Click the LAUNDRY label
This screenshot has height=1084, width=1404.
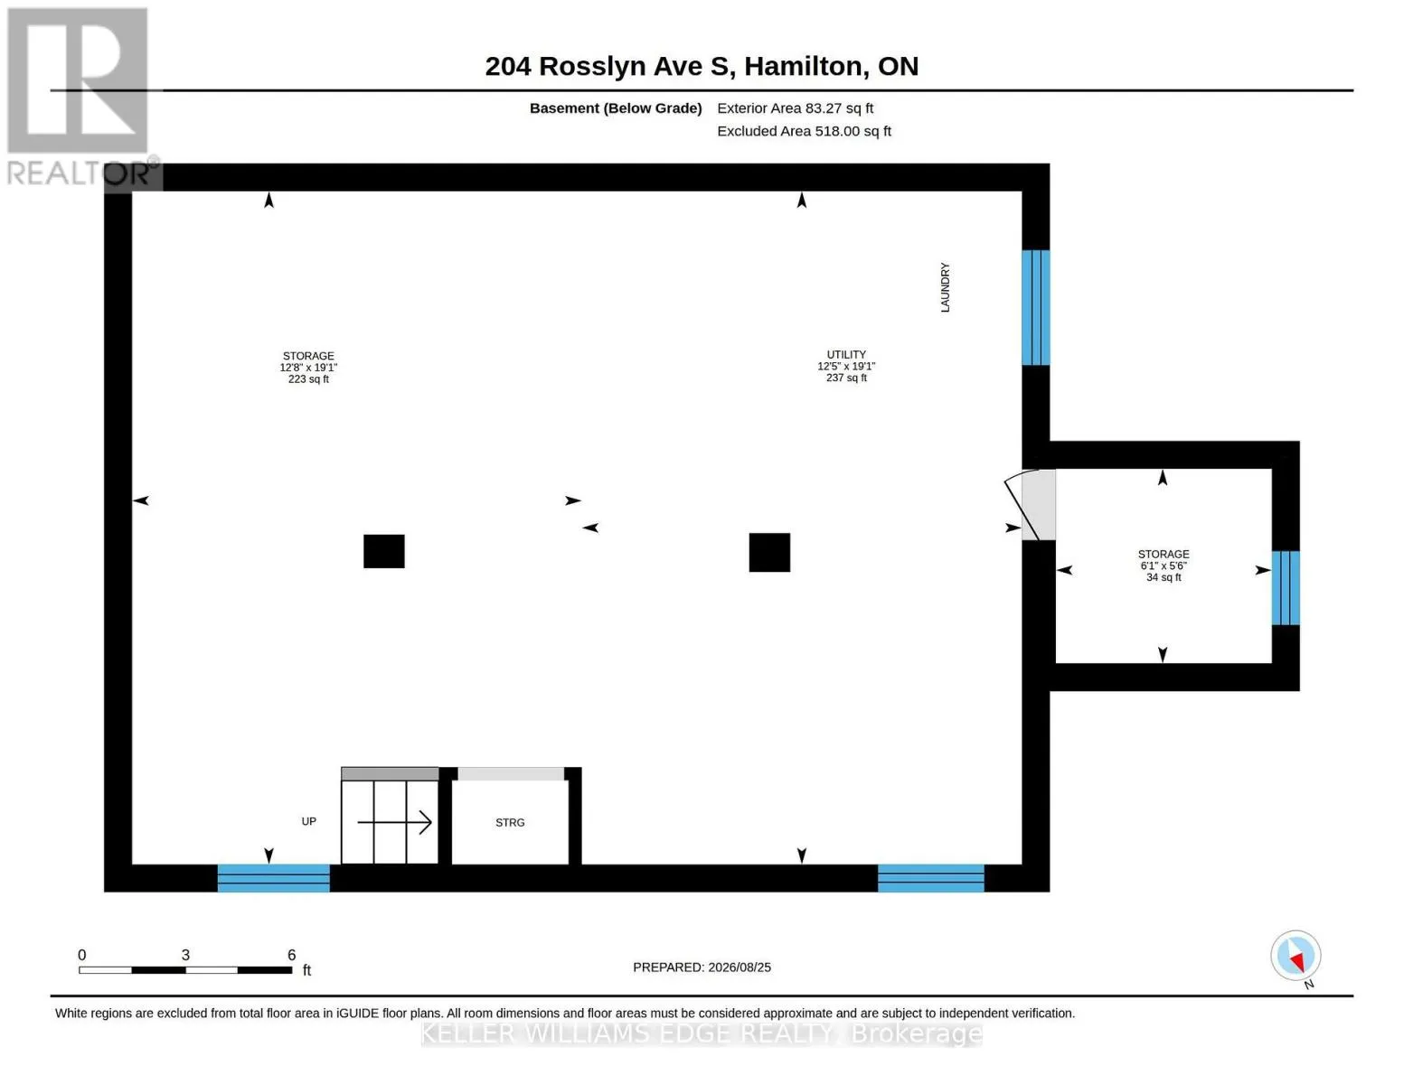point(945,287)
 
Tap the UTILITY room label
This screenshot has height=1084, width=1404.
point(846,354)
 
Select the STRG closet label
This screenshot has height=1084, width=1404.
point(510,823)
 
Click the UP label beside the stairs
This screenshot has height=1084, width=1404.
point(309,821)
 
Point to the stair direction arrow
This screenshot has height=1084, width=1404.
point(394,823)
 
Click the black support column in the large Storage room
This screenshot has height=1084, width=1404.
point(384,551)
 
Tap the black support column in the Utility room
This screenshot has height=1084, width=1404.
point(769,552)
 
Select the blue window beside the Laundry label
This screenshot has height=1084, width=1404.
point(1035,307)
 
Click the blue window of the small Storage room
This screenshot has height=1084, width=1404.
point(1286,588)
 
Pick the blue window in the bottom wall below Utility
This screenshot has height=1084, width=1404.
point(930,878)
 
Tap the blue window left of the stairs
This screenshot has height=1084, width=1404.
point(273,878)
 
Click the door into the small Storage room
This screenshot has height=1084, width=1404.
point(1031,505)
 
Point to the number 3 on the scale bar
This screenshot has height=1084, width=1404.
point(185,955)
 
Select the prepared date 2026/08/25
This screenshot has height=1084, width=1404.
point(740,967)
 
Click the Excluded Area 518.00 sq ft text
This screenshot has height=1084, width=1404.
point(804,131)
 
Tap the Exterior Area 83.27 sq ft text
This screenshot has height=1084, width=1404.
point(795,108)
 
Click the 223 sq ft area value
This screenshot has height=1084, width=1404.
point(308,379)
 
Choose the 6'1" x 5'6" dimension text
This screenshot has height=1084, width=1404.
point(1163,565)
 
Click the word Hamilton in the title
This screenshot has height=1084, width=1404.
point(803,67)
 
